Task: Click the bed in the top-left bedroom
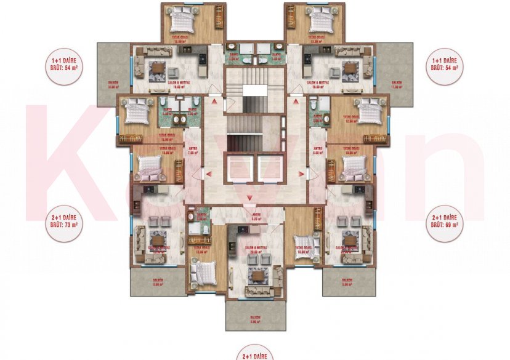(x=182, y=23)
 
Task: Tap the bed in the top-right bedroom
(x=320, y=23)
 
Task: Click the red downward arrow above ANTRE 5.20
(x=249, y=197)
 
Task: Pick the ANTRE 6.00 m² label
(x=318, y=150)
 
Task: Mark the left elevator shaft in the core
(x=241, y=169)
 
